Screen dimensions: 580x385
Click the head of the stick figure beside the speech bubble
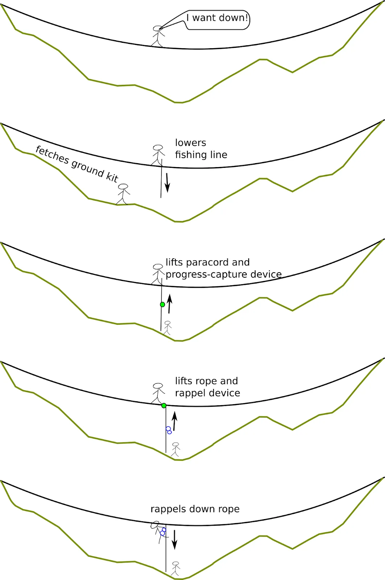pos(157,29)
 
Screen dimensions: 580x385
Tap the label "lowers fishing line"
pos(201,149)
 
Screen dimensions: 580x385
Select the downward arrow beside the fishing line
pos(167,183)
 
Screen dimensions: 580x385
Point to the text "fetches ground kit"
pos(77,164)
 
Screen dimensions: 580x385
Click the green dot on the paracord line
pos(162,304)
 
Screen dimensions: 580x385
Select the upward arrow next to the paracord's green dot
pos(169,304)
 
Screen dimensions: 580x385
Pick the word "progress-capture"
pos(203,274)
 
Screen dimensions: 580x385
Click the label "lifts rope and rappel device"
pos(207,387)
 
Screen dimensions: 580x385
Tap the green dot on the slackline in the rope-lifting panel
pos(164,405)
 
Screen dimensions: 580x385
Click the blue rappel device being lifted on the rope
pos(169,430)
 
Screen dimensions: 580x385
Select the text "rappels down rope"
pos(195,509)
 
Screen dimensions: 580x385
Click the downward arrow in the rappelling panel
pos(174,539)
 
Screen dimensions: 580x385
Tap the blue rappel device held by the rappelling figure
pos(163,532)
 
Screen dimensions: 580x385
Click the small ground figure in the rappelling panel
pos(175,568)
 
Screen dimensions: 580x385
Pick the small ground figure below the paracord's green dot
pos(167,327)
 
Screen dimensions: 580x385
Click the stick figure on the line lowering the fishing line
pos(158,155)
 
